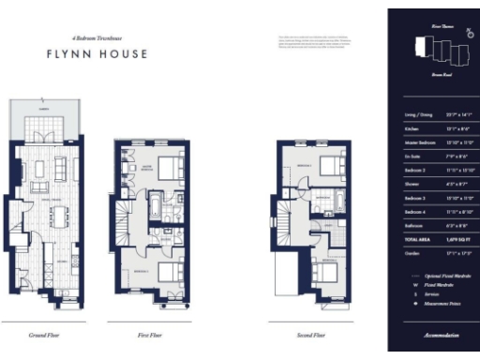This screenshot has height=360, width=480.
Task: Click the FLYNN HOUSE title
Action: (x=97, y=53)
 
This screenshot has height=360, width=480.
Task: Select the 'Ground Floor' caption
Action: (x=46, y=333)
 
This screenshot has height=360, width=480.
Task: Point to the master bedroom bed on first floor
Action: (x=170, y=168)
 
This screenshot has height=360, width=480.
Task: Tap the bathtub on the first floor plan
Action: (x=152, y=205)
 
